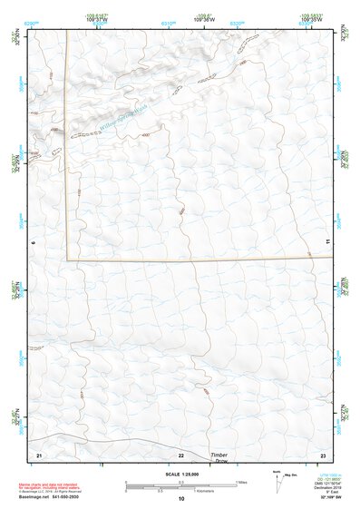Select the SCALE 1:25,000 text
(x=180, y=475)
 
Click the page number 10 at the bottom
(x=180, y=499)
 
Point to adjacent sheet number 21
(x=39, y=454)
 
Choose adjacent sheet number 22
(x=180, y=454)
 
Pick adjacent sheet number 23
(x=322, y=454)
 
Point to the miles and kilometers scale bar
(x=180, y=485)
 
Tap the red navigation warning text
(x=45, y=485)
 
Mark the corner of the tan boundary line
(x=67, y=260)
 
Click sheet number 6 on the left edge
(x=33, y=242)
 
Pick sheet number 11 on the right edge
(x=327, y=242)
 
